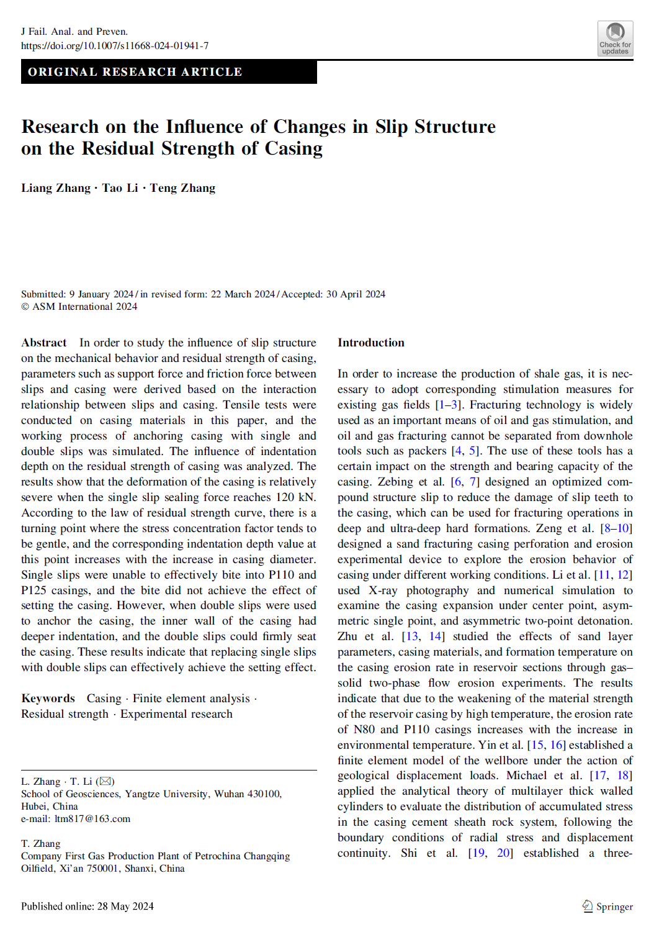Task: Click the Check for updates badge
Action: click(x=615, y=38)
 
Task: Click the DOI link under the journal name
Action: click(x=115, y=45)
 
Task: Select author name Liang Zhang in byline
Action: click(x=56, y=188)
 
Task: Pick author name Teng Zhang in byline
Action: click(x=182, y=188)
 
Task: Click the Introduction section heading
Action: click(x=370, y=343)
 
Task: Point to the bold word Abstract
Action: click(x=44, y=343)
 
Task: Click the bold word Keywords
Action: click(x=48, y=698)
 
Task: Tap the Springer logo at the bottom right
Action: click(x=607, y=906)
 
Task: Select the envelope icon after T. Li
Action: click(x=105, y=781)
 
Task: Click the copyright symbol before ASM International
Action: click(x=25, y=307)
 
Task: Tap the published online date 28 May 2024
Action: click(x=125, y=906)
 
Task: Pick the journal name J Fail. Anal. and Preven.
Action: click(x=74, y=32)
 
